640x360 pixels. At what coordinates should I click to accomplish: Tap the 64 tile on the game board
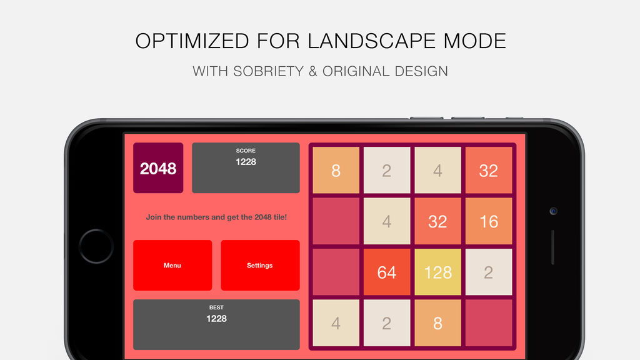click(x=386, y=272)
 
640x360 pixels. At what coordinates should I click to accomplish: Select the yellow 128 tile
click(x=437, y=272)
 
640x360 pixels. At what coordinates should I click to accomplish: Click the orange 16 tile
click(x=489, y=221)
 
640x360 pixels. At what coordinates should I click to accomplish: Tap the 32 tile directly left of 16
click(x=437, y=221)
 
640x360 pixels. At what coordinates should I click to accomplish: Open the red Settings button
click(x=260, y=265)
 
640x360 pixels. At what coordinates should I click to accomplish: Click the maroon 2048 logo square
click(x=158, y=167)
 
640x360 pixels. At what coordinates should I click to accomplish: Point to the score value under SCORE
click(x=246, y=162)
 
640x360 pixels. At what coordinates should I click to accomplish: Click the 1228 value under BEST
click(x=216, y=319)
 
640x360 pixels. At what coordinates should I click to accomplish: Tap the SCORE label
click(x=246, y=151)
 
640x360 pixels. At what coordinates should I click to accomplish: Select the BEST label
click(x=216, y=307)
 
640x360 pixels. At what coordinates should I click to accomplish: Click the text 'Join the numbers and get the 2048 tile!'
click(x=216, y=217)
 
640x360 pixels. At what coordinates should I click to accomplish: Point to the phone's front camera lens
click(x=554, y=211)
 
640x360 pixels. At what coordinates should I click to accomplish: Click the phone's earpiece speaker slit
click(x=552, y=247)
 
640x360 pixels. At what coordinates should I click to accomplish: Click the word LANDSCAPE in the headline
click(x=366, y=41)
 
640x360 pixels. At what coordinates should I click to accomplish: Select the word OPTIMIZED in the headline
click(x=192, y=41)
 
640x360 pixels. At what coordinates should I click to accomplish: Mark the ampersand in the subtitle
click(x=313, y=71)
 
